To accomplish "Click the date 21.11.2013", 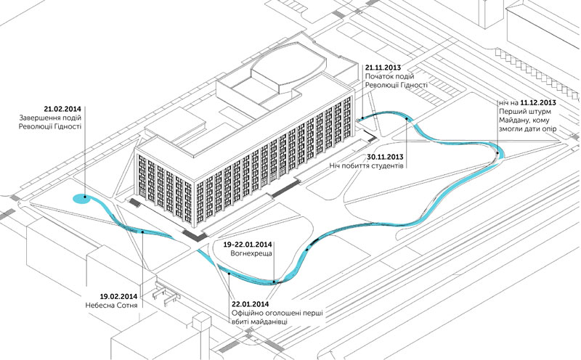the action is tap(383, 67).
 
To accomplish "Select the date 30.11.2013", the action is tap(386, 157).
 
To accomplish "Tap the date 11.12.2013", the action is tap(538, 102).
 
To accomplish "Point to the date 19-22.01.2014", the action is tap(248, 245).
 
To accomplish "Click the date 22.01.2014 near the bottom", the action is tap(251, 304).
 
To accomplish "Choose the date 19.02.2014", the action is tap(118, 297).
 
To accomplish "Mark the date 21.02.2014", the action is tap(62, 109).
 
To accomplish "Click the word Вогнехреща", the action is tap(251, 254).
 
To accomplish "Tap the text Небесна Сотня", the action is tap(112, 306).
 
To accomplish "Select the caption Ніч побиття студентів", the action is tap(367, 166).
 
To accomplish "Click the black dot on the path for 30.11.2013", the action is tap(407, 118).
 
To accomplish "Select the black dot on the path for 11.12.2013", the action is tap(497, 152).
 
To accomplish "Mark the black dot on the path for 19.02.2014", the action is tap(142, 232).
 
